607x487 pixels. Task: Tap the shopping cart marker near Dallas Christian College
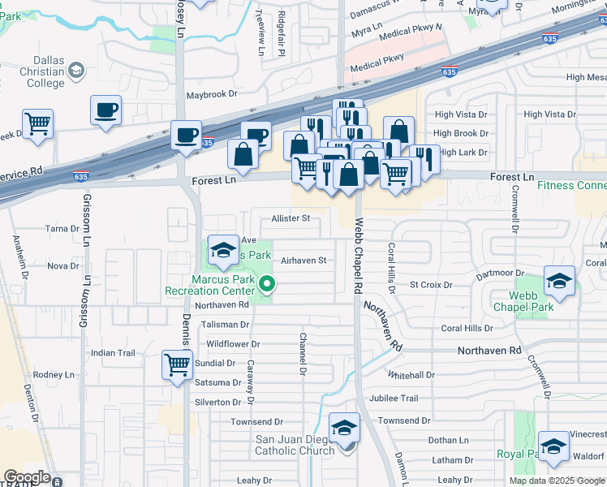(x=37, y=125)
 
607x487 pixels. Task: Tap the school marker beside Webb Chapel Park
(x=559, y=282)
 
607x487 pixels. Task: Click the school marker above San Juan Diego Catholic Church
(x=344, y=428)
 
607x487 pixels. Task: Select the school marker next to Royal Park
(x=553, y=447)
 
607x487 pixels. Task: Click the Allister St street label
(x=291, y=218)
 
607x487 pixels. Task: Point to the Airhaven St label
(x=303, y=261)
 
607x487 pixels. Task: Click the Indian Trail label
(x=113, y=353)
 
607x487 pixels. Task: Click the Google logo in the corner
(x=27, y=477)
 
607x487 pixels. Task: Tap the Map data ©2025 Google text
(x=556, y=481)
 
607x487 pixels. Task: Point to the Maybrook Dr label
(x=209, y=95)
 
